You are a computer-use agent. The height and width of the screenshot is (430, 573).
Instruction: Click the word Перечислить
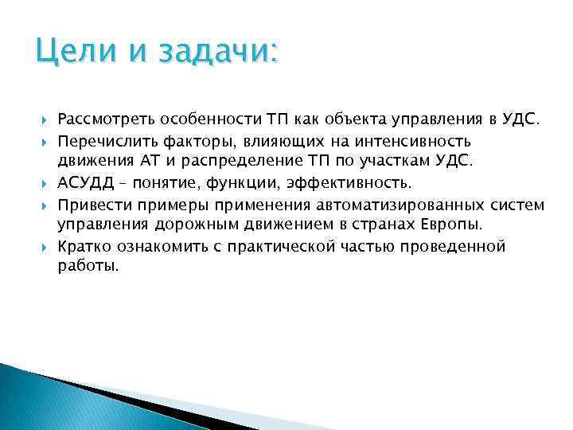(106, 141)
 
